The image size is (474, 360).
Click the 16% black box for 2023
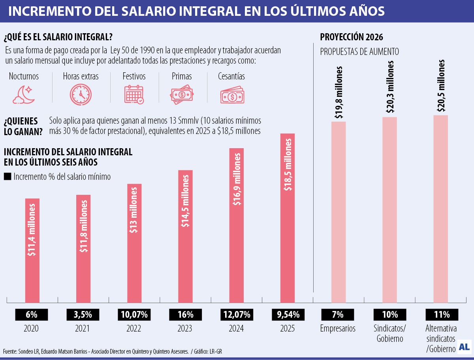pos(185,315)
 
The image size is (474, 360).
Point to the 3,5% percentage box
pos(83,315)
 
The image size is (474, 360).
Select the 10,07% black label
pos(134,315)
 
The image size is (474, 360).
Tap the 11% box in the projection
pos(442,315)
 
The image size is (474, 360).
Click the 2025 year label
pos(288,328)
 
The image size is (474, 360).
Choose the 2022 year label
pos(134,328)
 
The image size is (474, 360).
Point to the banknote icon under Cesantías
pos(232,95)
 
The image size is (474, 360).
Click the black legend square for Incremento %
pos(8,177)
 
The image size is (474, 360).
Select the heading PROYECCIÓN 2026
pos(352,38)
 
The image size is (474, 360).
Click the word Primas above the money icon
pos(182,76)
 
